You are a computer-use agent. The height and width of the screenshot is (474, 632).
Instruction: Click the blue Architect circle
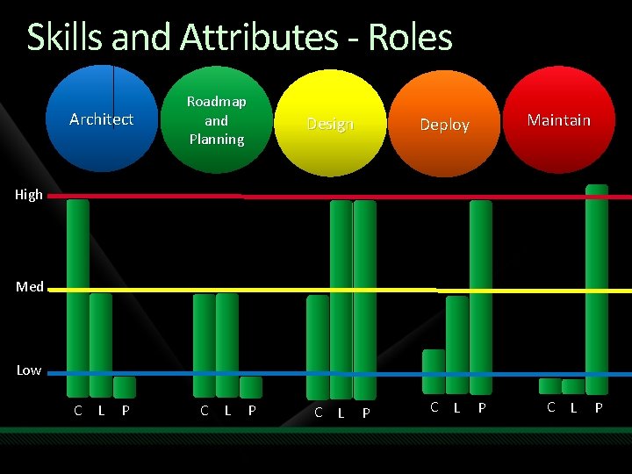pyautogui.click(x=102, y=118)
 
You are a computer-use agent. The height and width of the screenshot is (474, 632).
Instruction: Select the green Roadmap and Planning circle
pyautogui.click(x=216, y=120)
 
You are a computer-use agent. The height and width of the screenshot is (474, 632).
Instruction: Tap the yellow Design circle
pyautogui.click(x=330, y=124)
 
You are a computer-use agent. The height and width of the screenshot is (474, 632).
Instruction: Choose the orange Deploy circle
pyautogui.click(x=444, y=124)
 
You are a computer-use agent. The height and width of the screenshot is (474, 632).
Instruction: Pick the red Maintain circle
pyautogui.click(x=559, y=119)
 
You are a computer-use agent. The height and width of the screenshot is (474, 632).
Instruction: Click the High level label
pyautogui.click(x=29, y=195)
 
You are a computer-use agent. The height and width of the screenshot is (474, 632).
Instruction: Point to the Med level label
pyautogui.click(x=30, y=287)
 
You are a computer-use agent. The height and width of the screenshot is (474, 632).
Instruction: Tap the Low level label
pyautogui.click(x=29, y=370)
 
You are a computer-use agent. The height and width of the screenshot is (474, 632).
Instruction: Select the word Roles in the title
pyautogui.click(x=410, y=38)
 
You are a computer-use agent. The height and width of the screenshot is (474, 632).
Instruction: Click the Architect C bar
pyautogui.click(x=78, y=298)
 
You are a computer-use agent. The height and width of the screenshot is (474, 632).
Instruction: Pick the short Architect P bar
pyautogui.click(x=125, y=387)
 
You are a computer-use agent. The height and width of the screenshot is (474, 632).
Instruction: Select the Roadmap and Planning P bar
pyautogui.click(x=251, y=387)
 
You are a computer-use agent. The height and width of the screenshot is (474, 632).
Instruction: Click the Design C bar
pyautogui.click(x=318, y=348)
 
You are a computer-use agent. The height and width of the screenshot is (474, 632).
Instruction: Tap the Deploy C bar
pyautogui.click(x=434, y=371)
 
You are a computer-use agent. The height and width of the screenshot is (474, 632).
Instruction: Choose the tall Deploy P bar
pyautogui.click(x=481, y=298)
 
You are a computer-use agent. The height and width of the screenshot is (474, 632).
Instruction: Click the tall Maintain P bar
pyautogui.click(x=597, y=290)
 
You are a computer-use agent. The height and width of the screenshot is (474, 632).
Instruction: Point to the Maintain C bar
pyautogui.click(x=550, y=386)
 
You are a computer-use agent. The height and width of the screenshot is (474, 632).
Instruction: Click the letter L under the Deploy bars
pyautogui.click(x=456, y=407)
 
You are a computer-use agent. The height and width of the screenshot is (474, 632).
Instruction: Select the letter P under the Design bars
pyautogui.click(x=366, y=413)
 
